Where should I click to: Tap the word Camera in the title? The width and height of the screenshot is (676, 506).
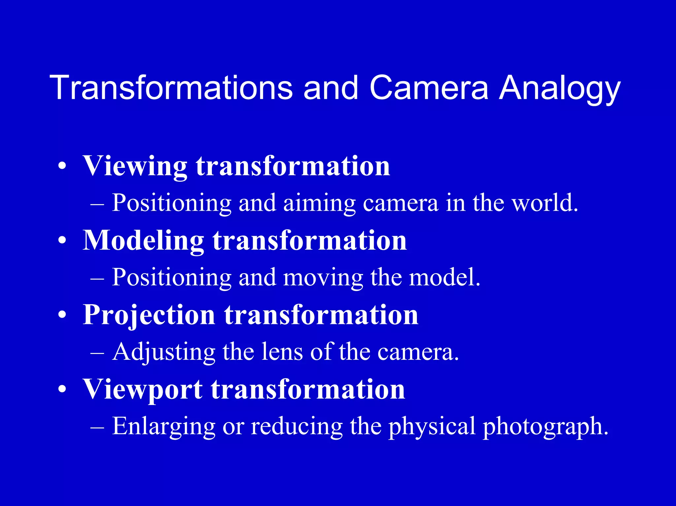coord(428,88)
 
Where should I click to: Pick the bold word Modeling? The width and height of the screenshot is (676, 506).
coord(143,241)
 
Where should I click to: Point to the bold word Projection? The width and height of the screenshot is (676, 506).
coord(149,315)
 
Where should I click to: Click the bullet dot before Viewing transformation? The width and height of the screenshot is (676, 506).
coord(62,167)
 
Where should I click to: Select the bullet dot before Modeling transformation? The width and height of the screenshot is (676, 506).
coord(62,241)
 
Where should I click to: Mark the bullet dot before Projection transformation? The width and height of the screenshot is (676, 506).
coord(62,315)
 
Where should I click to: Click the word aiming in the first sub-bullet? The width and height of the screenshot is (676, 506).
coord(319,203)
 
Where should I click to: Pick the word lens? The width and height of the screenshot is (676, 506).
coord(282,352)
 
